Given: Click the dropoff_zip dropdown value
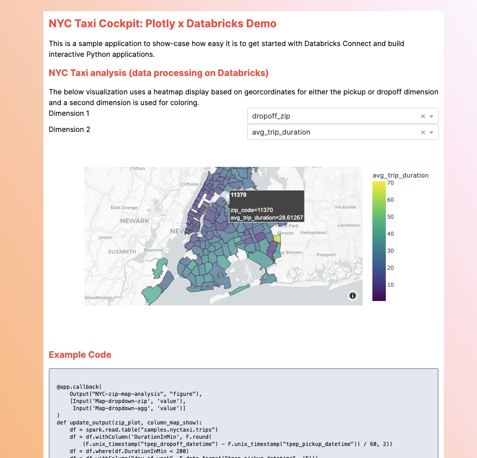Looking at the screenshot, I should [x=271, y=116].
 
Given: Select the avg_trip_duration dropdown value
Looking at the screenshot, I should [x=281, y=132].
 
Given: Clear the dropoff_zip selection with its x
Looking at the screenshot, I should [x=423, y=116].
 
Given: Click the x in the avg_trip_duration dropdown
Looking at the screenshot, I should [x=423, y=132].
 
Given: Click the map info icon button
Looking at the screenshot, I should [x=353, y=296].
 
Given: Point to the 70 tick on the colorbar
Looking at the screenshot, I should [x=390, y=183].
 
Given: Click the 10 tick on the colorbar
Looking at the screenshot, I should [x=390, y=285].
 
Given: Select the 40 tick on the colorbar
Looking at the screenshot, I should [x=390, y=234].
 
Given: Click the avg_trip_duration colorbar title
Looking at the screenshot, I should [x=401, y=175].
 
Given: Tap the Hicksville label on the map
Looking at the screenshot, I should [x=346, y=207].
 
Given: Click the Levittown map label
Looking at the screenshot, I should [x=349, y=225].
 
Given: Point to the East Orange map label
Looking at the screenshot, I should [x=124, y=208].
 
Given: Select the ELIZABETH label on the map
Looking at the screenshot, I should [x=122, y=252].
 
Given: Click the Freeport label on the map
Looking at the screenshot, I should [x=326, y=255].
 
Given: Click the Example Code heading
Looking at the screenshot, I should [x=80, y=355].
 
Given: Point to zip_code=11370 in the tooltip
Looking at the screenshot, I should [x=252, y=210].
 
